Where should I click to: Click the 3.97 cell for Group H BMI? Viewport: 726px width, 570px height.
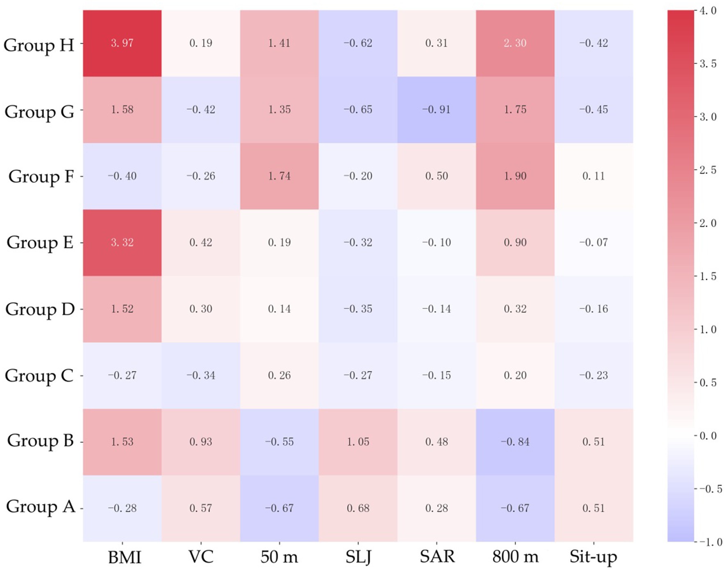(122, 43)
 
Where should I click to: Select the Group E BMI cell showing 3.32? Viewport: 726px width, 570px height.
(122, 242)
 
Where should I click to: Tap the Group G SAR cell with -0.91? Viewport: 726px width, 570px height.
(436, 110)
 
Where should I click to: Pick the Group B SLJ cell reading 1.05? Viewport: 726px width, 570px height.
(358, 442)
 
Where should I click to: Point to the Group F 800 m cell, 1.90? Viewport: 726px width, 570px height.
(515, 176)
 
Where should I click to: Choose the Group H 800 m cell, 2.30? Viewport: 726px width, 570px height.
(515, 43)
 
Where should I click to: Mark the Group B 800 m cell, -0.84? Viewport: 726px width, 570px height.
(515, 442)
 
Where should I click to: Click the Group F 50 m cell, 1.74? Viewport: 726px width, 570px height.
(279, 176)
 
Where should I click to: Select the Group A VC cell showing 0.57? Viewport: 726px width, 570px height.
(201, 508)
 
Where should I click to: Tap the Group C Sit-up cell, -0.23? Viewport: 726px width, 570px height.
(593, 375)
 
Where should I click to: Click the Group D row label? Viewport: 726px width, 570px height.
(40, 309)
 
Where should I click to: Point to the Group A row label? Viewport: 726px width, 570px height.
(40, 507)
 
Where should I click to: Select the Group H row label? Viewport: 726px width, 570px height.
(39, 45)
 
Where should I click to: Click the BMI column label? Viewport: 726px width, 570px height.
(125, 557)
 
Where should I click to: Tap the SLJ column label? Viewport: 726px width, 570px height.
(358, 557)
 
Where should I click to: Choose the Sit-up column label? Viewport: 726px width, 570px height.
(593, 557)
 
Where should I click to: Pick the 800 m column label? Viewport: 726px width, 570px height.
(515, 557)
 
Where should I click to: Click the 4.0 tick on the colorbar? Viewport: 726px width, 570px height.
(708, 11)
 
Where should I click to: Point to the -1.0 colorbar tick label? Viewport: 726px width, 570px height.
(708, 542)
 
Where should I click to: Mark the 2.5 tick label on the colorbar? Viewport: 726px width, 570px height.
(708, 170)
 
